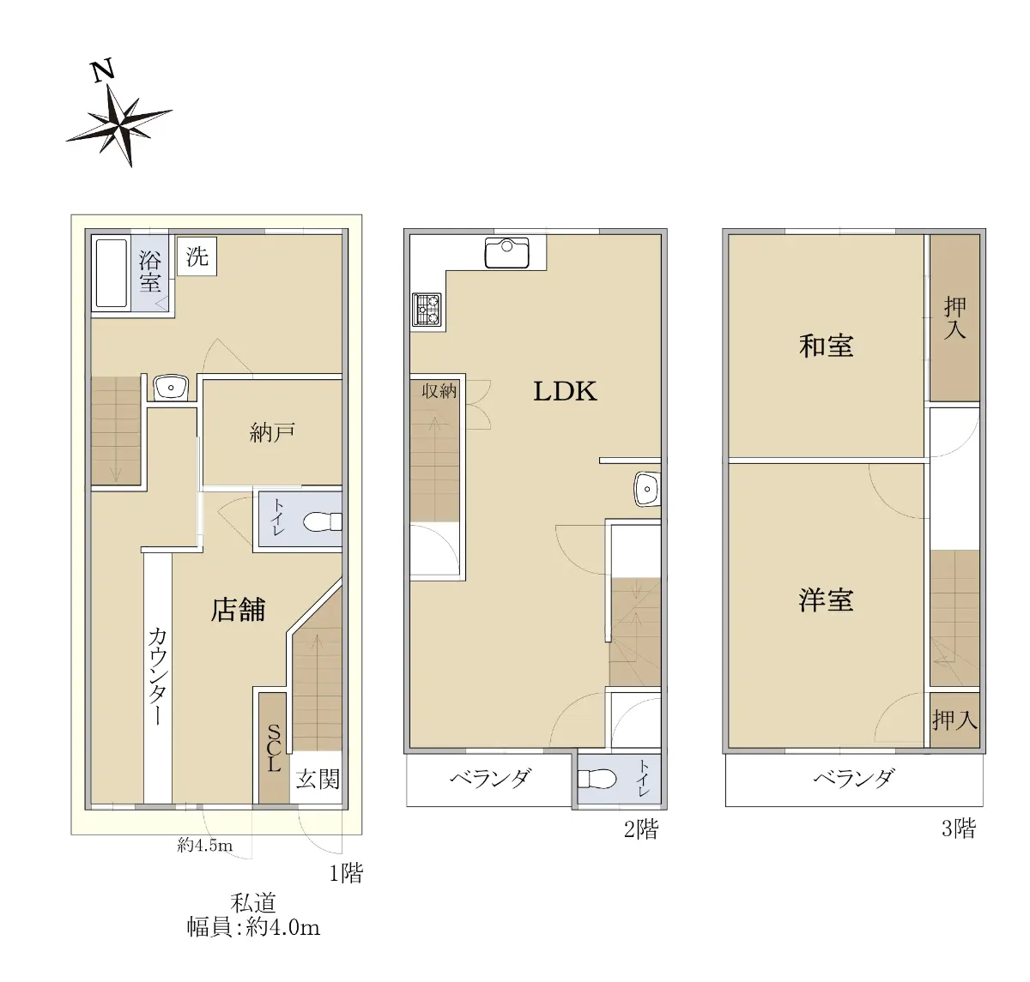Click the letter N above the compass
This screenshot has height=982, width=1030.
[103, 71]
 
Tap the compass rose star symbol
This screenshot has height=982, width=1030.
[120, 125]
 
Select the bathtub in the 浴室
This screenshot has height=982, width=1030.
[111, 274]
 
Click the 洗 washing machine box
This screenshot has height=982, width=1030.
[197, 256]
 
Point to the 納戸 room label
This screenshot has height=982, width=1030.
[272, 432]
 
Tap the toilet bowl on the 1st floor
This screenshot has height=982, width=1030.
[322, 521]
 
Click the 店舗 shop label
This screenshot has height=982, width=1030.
[238, 610]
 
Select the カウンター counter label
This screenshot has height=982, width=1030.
[158, 676]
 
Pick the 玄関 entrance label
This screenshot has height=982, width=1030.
[318, 780]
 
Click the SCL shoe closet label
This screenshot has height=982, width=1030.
[274, 748]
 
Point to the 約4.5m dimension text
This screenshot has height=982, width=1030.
[205, 845]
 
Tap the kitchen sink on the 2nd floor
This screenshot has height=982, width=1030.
[506, 253]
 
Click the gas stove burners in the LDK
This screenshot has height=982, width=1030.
[427, 310]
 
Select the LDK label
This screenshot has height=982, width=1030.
[565, 392]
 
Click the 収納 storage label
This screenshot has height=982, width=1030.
[439, 391]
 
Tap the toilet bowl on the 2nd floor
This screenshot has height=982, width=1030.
[597, 779]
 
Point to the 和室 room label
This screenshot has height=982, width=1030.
[827, 346]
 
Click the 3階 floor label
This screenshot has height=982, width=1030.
[959, 828]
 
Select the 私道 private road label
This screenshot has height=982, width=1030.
[253, 903]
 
